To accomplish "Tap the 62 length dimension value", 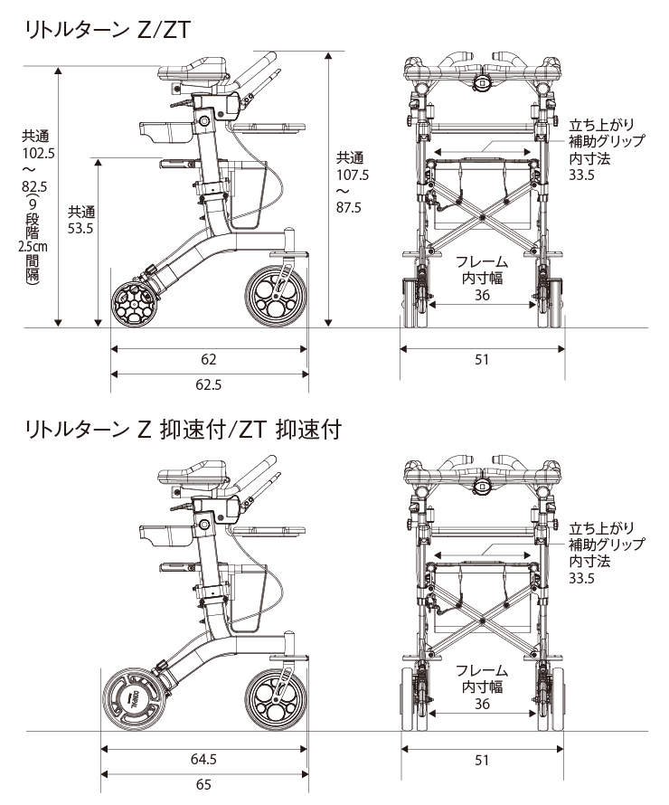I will [x=209, y=359].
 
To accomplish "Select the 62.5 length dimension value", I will [x=209, y=384].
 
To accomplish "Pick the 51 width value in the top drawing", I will [x=481, y=359].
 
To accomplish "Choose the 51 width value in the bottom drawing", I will [x=481, y=760].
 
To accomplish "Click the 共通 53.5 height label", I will [x=80, y=221].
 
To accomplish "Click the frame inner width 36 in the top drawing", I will [x=482, y=296].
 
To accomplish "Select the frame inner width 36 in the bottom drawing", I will [x=482, y=704].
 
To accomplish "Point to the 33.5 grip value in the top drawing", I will [x=581, y=175].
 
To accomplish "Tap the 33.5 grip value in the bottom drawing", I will [x=581, y=578].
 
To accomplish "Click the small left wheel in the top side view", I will [x=134, y=303].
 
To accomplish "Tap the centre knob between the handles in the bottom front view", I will [x=482, y=485].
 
